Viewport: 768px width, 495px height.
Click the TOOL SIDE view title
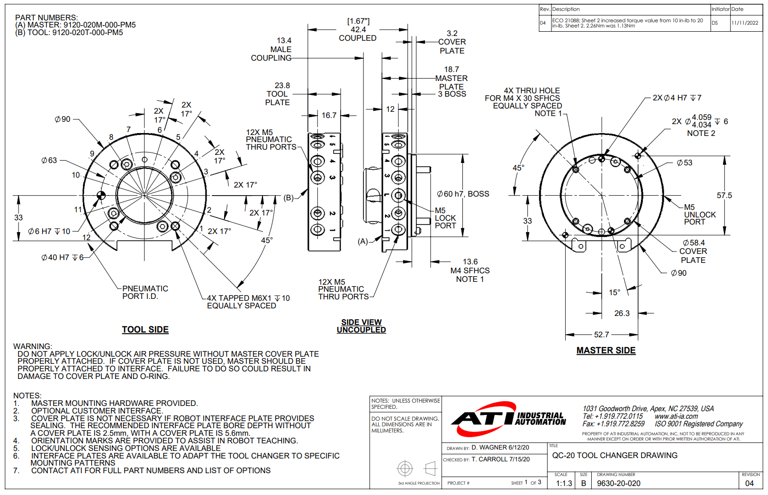pyautogui.click(x=145, y=330)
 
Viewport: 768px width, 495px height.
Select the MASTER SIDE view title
pyautogui.click(x=606, y=351)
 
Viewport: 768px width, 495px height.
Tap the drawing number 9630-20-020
pyautogui.click(x=618, y=483)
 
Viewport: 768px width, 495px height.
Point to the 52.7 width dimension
pyautogui.click(x=601, y=334)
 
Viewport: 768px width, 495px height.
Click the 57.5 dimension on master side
pyautogui.click(x=724, y=195)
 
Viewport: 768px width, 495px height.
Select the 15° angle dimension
pyautogui.click(x=614, y=292)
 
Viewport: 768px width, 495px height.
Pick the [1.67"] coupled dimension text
pyautogui.click(x=358, y=21)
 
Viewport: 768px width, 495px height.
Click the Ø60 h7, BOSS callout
pyautogui.click(x=463, y=194)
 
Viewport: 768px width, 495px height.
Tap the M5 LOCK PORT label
pyautogui.click(x=445, y=218)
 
